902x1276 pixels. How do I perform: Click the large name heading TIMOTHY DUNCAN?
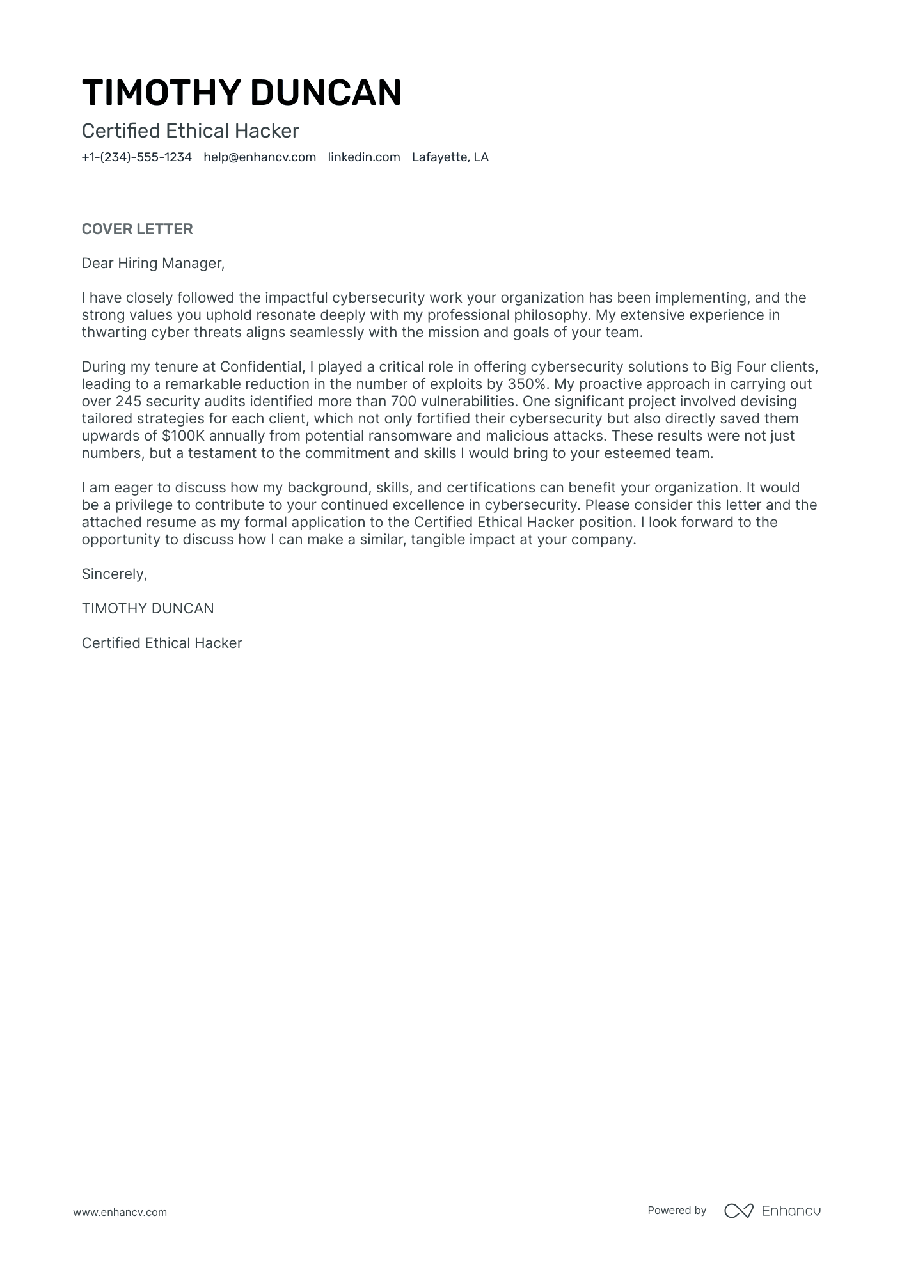pyautogui.click(x=242, y=93)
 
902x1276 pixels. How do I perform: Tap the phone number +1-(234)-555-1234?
pyautogui.click(x=137, y=157)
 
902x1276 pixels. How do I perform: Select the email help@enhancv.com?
pyautogui.click(x=260, y=157)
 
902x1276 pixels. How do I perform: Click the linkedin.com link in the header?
pyautogui.click(x=364, y=157)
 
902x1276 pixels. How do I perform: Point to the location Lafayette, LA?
pyautogui.click(x=450, y=157)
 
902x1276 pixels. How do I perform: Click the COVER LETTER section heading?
pyautogui.click(x=137, y=229)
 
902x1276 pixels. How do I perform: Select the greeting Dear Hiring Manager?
pyautogui.click(x=153, y=263)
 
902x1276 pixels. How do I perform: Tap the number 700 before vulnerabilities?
pyautogui.click(x=403, y=402)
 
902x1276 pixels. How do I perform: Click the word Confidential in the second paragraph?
pyautogui.click(x=260, y=367)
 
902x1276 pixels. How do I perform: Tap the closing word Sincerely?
pyautogui.click(x=114, y=574)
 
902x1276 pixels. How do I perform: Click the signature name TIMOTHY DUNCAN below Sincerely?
pyautogui.click(x=148, y=608)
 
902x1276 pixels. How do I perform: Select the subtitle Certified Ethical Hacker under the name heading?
pyautogui.click(x=190, y=131)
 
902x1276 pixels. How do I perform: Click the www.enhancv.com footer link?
pyautogui.click(x=120, y=1212)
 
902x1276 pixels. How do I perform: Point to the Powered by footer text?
pyautogui.click(x=677, y=1210)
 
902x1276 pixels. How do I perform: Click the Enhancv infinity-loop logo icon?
pyautogui.click(x=738, y=1211)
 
